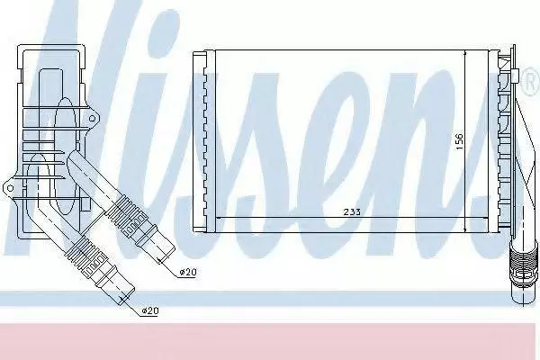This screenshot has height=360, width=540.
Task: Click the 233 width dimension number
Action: click(352, 211)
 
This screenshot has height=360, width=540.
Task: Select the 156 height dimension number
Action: click(459, 141)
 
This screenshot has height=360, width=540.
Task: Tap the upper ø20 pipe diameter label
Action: click(188, 272)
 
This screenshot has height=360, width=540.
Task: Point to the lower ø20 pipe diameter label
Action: click(149, 310)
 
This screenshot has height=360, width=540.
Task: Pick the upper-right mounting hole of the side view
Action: click(92, 119)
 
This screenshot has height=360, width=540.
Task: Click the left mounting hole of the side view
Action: click(10, 188)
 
